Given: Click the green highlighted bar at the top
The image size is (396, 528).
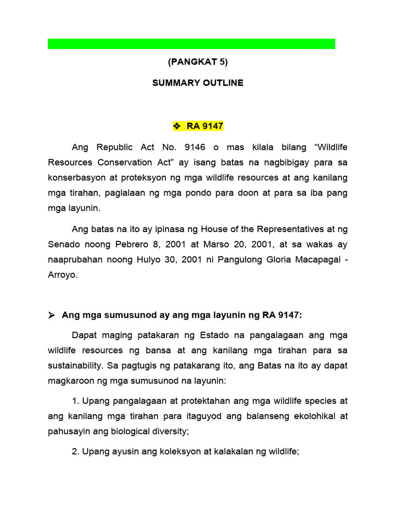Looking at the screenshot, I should pos(191,44).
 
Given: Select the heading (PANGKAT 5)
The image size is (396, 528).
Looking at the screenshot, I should pos(197,62).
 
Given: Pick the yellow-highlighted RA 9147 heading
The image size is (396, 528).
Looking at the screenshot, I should pos(205,126).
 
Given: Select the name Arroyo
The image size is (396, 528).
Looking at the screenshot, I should pos(62,275).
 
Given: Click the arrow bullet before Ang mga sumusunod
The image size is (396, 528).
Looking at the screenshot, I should pos(52,315).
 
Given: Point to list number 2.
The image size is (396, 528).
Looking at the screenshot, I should pos(75,452).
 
